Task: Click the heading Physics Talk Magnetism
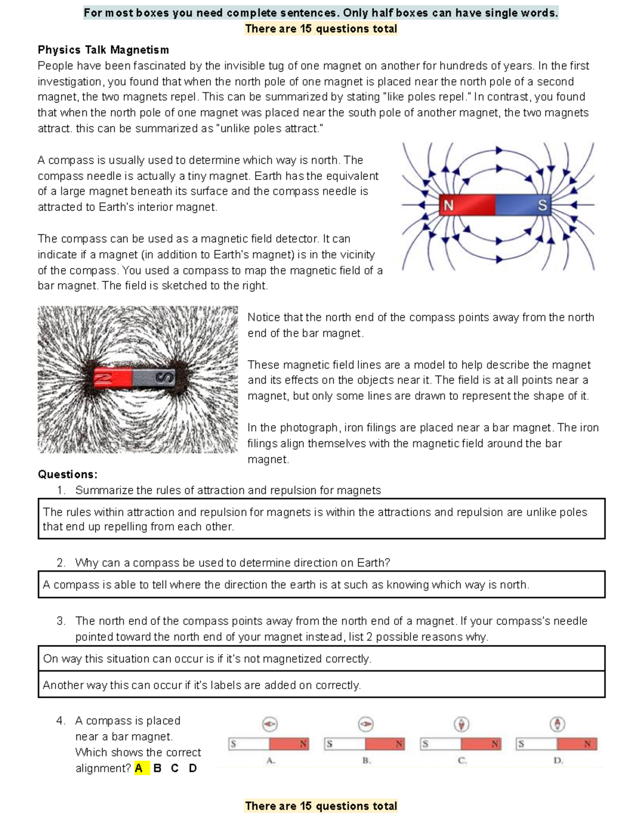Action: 103,50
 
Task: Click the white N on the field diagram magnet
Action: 448,205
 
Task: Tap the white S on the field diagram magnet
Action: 542,205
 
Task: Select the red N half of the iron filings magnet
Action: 113,378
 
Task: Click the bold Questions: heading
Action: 67,474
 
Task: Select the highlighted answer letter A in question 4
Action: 140,768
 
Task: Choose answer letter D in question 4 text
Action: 193,768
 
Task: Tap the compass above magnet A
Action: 270,725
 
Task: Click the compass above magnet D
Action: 557,725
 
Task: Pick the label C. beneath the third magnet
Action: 462,760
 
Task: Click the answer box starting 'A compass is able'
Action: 321,584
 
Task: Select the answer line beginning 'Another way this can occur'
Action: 202,685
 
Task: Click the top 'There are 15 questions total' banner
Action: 321,29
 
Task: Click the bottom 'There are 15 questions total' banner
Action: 321,806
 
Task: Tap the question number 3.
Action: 61,621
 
